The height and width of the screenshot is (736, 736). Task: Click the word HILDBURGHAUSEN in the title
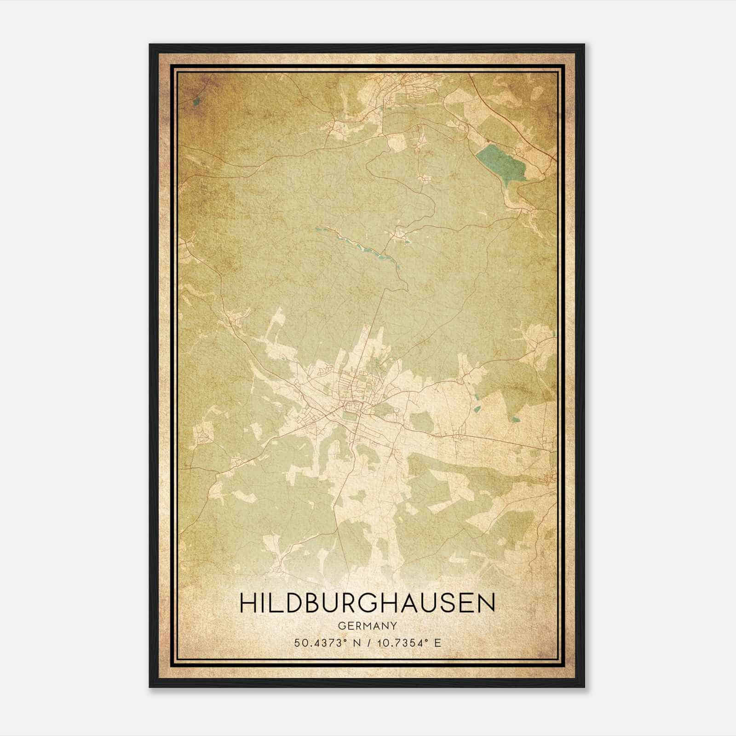(x=367, y=603)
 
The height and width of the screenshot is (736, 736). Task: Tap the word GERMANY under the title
(x=367, y=626)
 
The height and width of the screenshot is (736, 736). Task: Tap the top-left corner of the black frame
(x=150, y=45)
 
